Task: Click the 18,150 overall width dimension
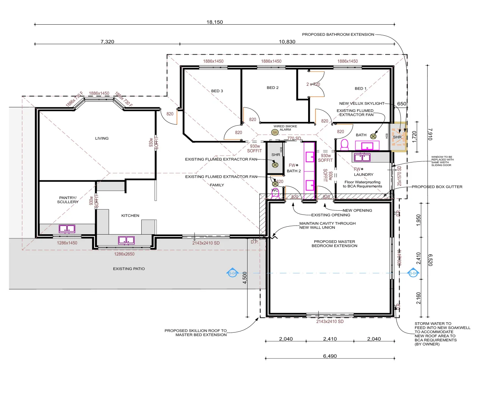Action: click(x=215, y=22)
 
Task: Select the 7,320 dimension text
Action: click(x=107, y=42)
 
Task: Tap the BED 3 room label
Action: click(x=217, y=91)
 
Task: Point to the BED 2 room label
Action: click(x=273, y=88)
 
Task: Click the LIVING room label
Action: click(x=102, y=139)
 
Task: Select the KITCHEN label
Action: click(x=130, y=216)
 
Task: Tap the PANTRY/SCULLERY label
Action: click(x=68, y=200)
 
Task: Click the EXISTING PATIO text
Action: click(x=129, y=269)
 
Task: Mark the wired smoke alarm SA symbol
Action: click(x=275, y=132)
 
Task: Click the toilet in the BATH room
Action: click(x=345, y=144)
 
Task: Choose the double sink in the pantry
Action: click(x=67, y=229)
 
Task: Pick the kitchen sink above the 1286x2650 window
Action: click(x=126, y=240)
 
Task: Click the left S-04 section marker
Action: click(x=232, y=273)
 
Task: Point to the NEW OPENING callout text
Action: click(x=357, y=210)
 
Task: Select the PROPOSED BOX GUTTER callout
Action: click(x=437, y=187)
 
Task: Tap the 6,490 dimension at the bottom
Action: click(x=330, y=356)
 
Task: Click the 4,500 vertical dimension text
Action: click(x=245, y=278)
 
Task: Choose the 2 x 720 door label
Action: click(x=313, y=84)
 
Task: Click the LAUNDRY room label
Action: click(x=364, y=175)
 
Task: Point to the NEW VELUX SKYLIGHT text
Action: click(x=362, y=103)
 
